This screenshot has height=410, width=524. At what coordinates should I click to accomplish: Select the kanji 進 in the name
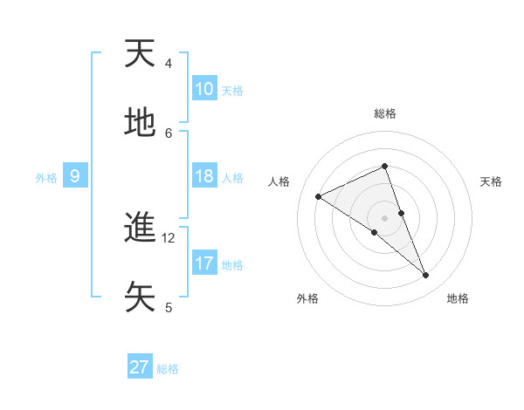tap(141, 228)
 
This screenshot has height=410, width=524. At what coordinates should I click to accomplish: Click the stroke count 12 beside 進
tap(169, 238)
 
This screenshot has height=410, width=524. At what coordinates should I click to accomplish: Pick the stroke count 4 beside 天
tap(169, 64)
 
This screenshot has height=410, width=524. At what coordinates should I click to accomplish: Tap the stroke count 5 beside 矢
tap(169, 307)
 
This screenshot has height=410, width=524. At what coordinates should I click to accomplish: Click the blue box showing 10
tap(204, 89)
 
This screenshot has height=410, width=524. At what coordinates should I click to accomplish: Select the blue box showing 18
tap(204, 176)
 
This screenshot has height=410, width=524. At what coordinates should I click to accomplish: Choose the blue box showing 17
tap(204, 263)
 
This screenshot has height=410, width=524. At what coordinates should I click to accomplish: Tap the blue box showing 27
tap(140, 367)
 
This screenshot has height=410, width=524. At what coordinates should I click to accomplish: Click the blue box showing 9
tap(75, 176)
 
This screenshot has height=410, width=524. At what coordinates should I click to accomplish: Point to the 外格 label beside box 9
tap(46, 177)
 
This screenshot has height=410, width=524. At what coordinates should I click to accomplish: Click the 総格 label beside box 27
tap(168, 369)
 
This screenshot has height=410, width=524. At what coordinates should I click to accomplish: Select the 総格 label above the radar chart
tap(384, 113)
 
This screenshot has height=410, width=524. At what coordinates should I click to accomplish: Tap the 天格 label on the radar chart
tap(491, 181)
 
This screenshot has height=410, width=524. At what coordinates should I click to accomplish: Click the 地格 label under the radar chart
tap(458, 299)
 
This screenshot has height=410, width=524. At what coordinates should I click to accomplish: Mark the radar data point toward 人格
tap(319, 196)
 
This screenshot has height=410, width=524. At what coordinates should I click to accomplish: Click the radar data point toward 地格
tap(426, 276)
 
